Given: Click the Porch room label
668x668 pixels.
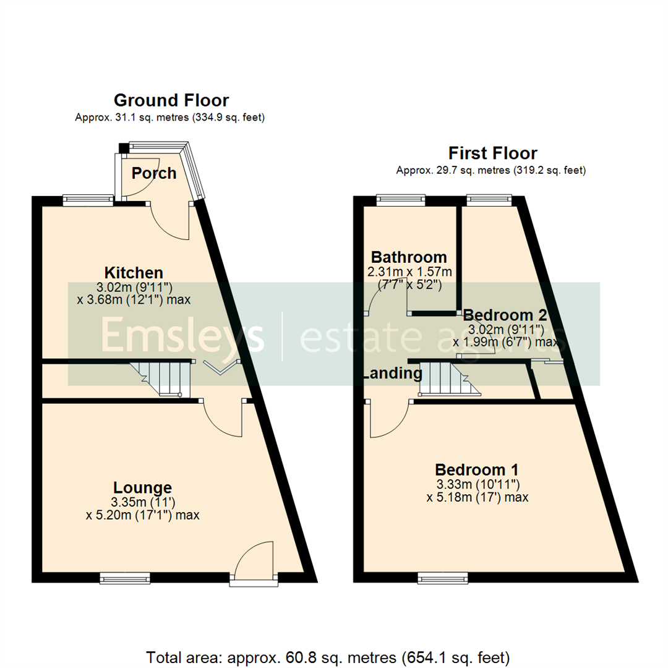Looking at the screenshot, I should click(x=154, y=173).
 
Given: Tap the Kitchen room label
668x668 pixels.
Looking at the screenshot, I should click(x=134, y=272).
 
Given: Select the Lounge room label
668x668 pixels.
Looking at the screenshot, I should click(x=142, y=487).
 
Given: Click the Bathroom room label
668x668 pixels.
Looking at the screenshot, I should click(x=408, y=257).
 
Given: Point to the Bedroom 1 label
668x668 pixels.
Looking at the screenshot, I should click(x=476, y=469).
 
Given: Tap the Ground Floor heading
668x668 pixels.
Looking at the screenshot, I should click(x=171, y=100).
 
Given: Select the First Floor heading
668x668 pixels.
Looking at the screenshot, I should click(x=492, y=153).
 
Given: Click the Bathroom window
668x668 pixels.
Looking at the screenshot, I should click(x=401, y=200).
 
